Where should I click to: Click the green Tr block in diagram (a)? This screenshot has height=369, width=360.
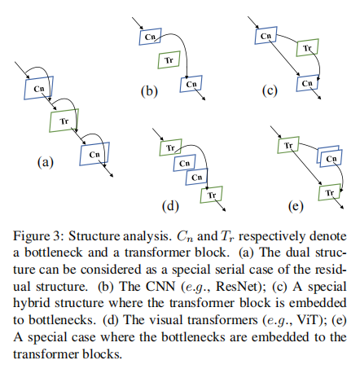pos(62,120)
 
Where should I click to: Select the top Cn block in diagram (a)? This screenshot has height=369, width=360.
pos(37,86)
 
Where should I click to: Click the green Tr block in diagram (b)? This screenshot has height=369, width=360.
pos(168,60)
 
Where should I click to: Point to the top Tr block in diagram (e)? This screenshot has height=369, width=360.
pos(288,146)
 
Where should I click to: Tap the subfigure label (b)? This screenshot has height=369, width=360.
pos(148,91)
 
